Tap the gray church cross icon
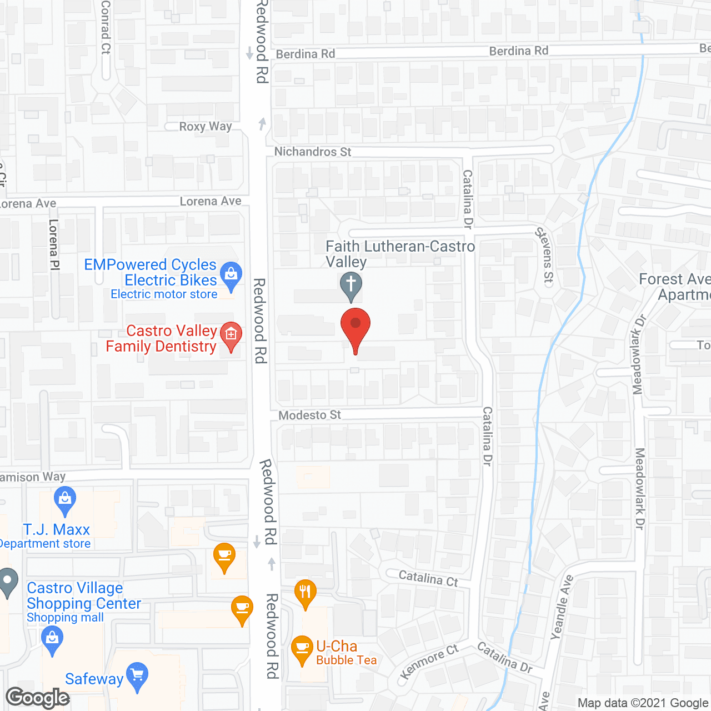tap(351, 286)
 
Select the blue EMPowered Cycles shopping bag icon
tap(231, 274)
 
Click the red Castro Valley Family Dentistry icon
tap(231, 335)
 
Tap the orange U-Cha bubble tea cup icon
tap(302, 648)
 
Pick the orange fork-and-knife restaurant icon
tap(305, 592)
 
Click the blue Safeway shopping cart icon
tap(137, 675)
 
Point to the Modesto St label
tap(309, 415)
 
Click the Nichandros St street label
tap(313, 152)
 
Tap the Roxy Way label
tap(206, 127)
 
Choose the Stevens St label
tap(545, 255)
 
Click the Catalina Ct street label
tap(428, 578)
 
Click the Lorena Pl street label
tap(54, 244)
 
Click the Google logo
tap(38, 698)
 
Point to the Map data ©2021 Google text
tap(643, 703)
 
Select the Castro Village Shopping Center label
tap(84, 595)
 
